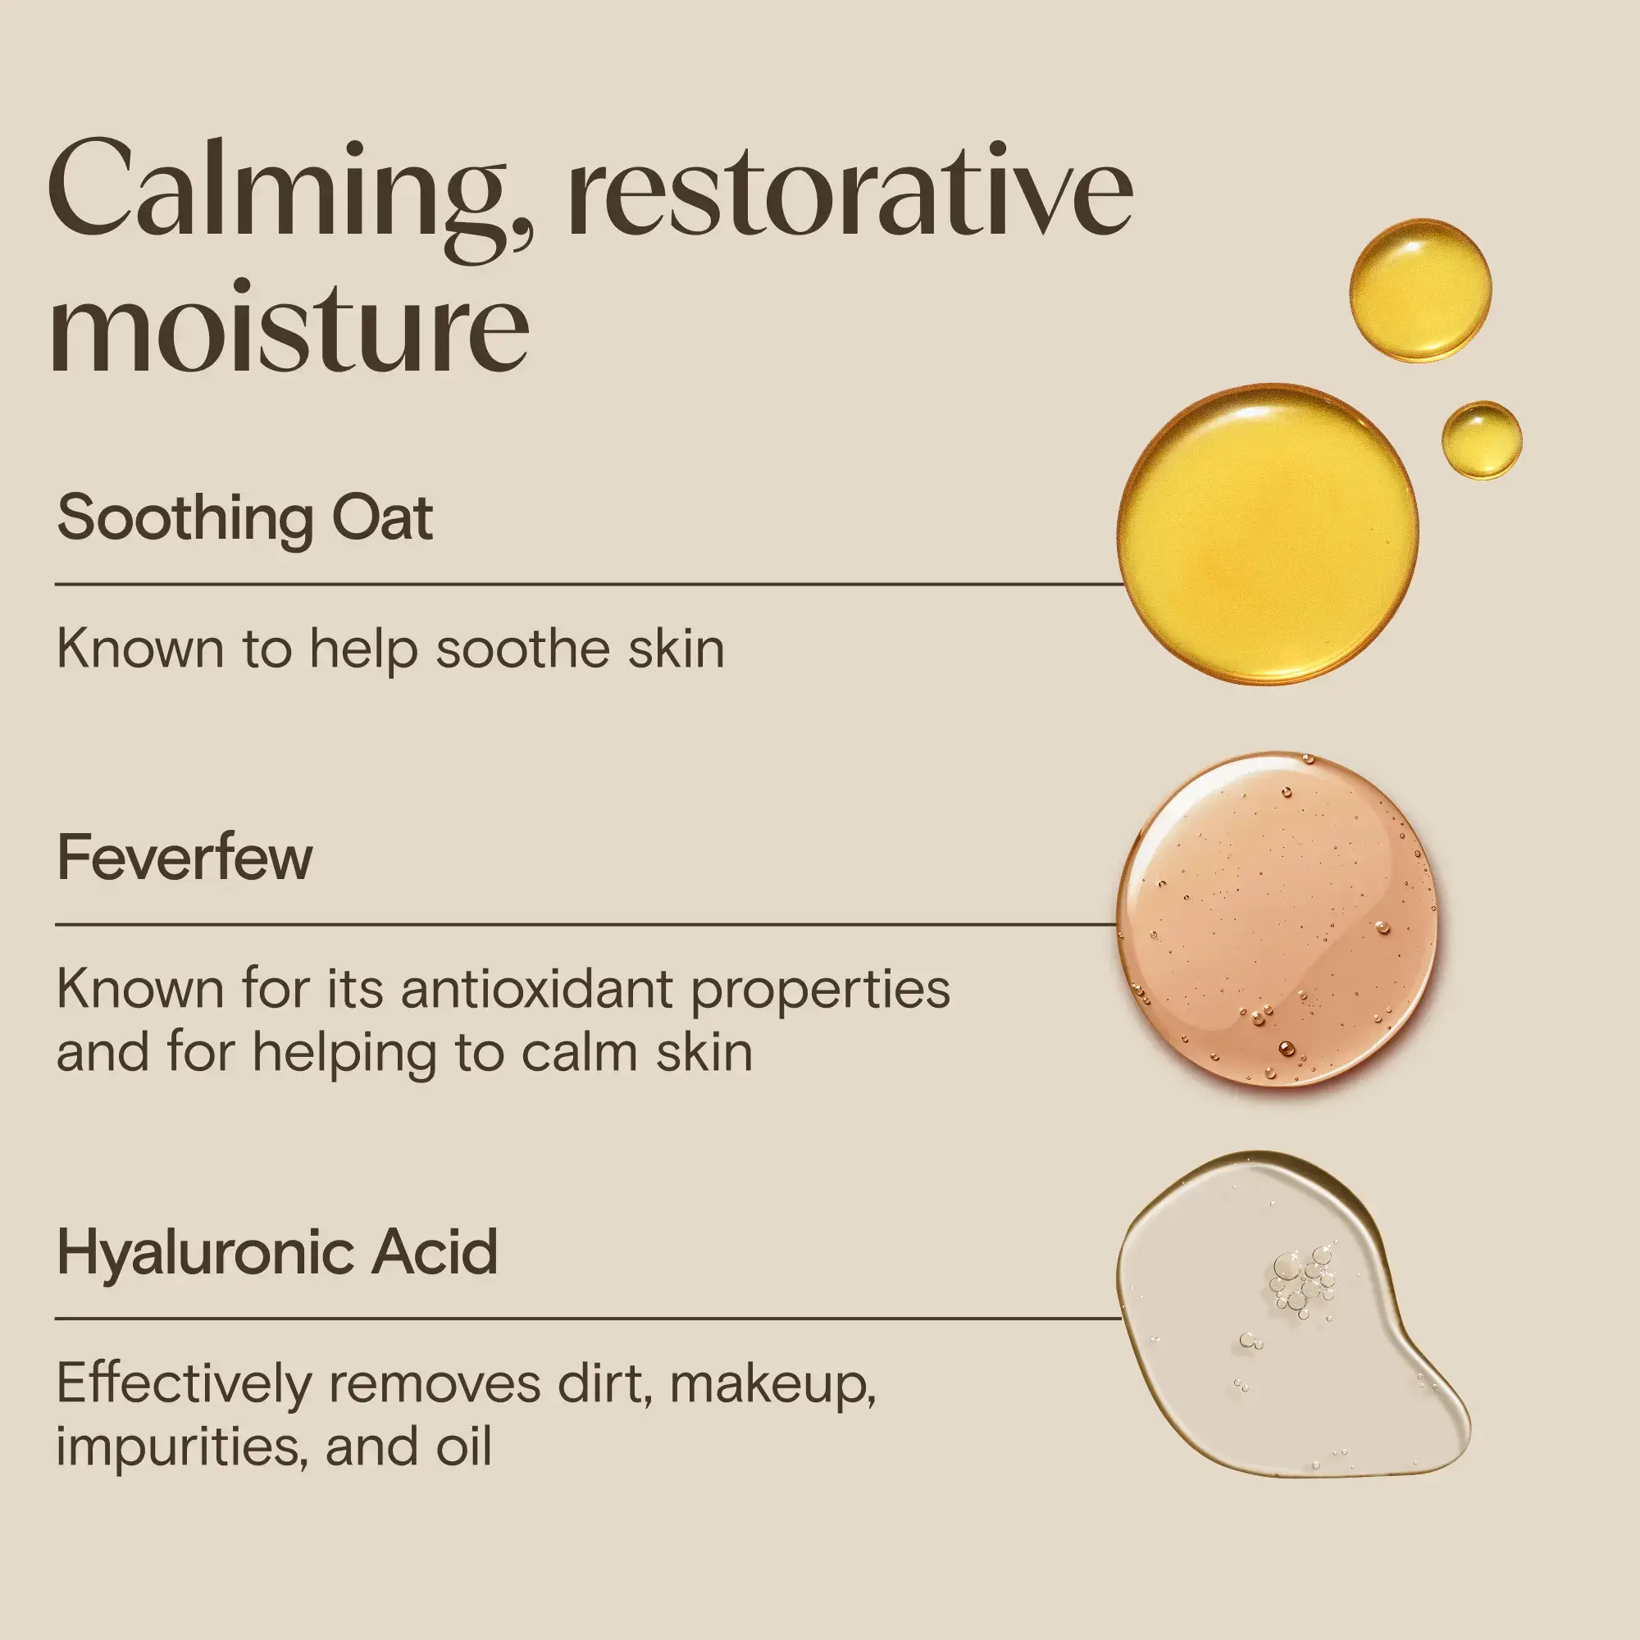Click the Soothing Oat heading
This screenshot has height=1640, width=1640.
coord(244,517)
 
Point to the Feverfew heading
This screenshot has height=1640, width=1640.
coord(184,858)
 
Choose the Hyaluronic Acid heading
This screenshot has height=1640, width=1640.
coord(276,1252)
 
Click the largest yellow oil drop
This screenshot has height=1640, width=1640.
coord(1268,534)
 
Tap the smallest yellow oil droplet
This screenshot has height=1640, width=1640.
coord(1481,440)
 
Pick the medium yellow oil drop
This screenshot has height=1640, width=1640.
coord(1419,290)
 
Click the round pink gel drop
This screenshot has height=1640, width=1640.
coord(1276,918)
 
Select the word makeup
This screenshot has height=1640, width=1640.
coord(772,1384)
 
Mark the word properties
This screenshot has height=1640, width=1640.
coord(820,991)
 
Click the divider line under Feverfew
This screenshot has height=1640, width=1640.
coord(585,923)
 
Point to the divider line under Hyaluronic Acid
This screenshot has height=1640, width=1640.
coord(585,1319)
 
